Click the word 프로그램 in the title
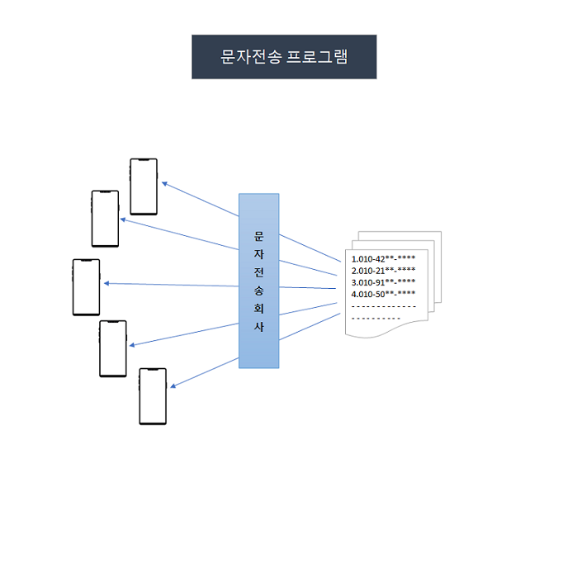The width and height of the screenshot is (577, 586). pos(317,57)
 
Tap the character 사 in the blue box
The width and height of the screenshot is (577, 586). pos(258,328)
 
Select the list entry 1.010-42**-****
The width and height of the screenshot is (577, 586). pos(383,258)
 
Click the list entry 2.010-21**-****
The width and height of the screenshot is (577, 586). pos(383,270)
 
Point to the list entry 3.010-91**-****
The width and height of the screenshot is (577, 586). pos(383,281)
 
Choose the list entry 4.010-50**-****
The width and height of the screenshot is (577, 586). pos(383,293)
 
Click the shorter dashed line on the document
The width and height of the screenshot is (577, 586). pos(376,318)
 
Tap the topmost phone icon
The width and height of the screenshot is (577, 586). pos(144,187)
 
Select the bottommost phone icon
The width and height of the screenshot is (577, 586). pos(153,396)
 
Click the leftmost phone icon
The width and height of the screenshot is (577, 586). pos(86,287)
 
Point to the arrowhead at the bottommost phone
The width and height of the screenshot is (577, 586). pos(173,385)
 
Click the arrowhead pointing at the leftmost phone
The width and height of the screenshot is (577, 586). pos(107,284)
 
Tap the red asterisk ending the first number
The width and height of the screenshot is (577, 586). pos(413,258)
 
